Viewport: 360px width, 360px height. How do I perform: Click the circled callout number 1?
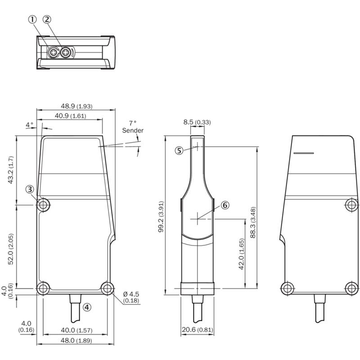[32, 19]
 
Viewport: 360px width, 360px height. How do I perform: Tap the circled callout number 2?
[47, 19]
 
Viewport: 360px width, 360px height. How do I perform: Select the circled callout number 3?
[30, 189]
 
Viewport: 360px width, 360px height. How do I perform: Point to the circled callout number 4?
[87, 307]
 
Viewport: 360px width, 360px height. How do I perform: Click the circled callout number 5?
[179, 151]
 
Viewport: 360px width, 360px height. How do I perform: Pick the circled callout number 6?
[225, 205]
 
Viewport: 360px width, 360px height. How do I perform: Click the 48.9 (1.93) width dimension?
[76, 106]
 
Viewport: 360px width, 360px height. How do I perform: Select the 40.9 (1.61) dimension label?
[70, 116]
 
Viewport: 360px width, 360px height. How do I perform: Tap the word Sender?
[133, 130]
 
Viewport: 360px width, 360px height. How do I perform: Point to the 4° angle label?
[29, 125]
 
